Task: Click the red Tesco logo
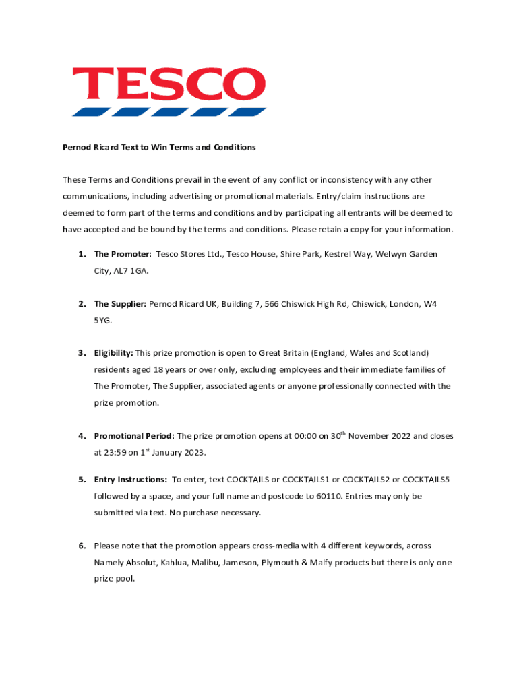[x=169, y=90]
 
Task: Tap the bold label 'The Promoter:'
[x=123, y=254]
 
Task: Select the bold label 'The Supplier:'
[x=120, y=304]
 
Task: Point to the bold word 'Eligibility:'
[x=113, y=353]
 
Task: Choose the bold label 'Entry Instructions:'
[x=130, y=480]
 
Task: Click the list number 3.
[x=81, y=353]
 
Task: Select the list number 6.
[x=81, y=546]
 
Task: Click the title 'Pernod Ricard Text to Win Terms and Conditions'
[x=159, y=147]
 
